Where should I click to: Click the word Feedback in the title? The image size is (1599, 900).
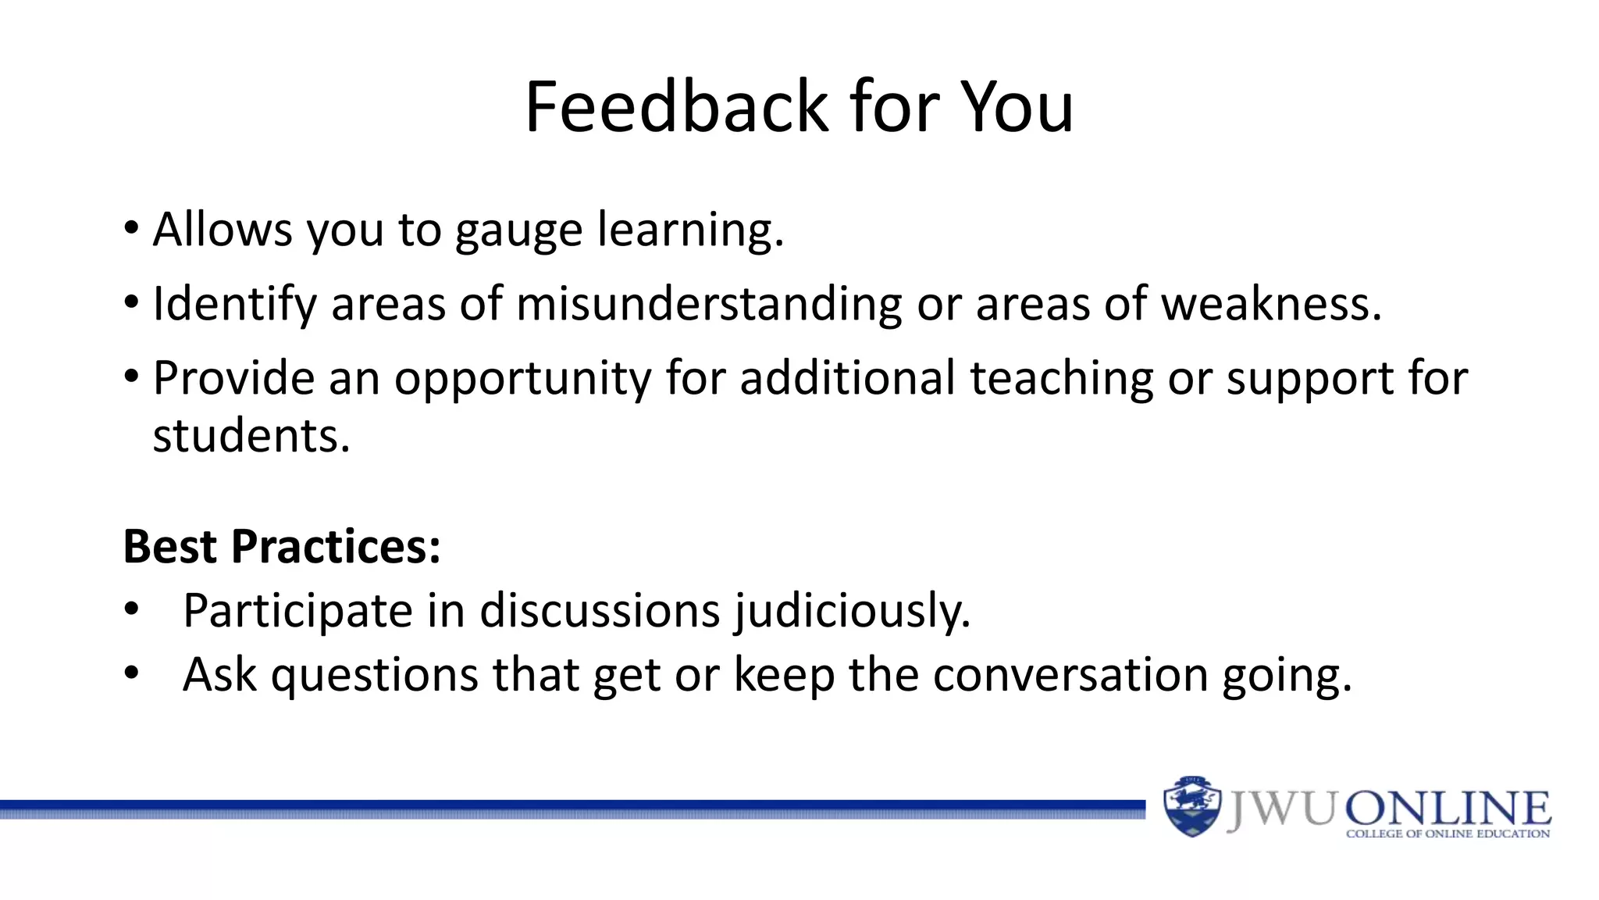pos(675,107)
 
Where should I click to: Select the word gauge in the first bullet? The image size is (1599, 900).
pos(518,231)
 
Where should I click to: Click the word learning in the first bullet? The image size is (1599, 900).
pos(689,230)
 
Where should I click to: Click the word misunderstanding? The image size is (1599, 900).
pos(709,304)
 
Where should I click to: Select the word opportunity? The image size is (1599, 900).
pos(522,380)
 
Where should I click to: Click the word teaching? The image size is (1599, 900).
pos(1061,379)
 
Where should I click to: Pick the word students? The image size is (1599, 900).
pos(251,435)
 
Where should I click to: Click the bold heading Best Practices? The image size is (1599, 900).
pos(282,546)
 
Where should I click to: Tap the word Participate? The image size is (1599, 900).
pos(297,611)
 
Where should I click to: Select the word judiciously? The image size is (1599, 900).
pos(852,611)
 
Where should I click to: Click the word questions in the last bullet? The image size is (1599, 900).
pos(374,675)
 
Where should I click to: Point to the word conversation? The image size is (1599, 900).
pos(1070,675)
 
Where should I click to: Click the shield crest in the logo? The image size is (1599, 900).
pos(1191,806)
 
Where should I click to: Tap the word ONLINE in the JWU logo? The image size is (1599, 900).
pos(1448,809)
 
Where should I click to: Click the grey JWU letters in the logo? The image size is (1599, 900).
pos(1281,809)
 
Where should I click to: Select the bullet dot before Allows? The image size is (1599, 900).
pos(131,229)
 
